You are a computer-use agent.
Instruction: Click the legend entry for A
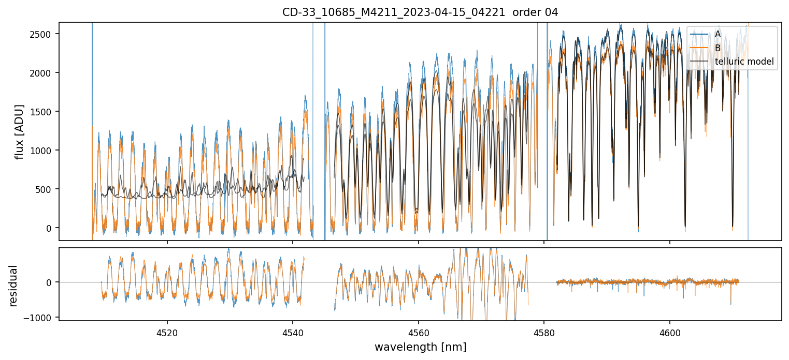coord(718,34)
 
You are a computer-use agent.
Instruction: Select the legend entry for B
coord(718,48)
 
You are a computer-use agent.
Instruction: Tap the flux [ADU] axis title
coord(20,131)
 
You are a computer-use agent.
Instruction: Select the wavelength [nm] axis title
coord(420,347)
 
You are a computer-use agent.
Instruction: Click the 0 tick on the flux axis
coord(50,228)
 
